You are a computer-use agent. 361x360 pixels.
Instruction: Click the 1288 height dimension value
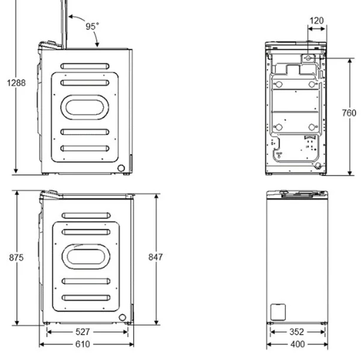pyautogui.click(x=16, y=82)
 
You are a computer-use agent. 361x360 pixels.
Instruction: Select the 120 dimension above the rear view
pyautogui.click(x=316, y=22)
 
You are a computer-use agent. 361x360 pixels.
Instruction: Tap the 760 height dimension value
pyautogui.click(x=348, y=113)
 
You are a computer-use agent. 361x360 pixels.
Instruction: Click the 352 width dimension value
pyautogui.click(x=297, y=332)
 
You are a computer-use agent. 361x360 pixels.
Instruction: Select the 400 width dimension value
pyautogui.click(x=297, y=344)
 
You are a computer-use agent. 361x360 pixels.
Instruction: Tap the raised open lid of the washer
pyautogui.click(x=65, y=22)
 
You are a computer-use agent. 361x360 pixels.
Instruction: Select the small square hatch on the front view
pyautogui.click(x=276, y=311)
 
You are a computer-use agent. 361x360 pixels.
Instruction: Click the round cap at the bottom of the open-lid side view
pyautogui.click(x=122, y=169)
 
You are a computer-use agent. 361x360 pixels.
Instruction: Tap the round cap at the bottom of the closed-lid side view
pyautogui.click(x=122, y=318)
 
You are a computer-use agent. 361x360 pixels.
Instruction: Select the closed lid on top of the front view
pyautogui.click(x=296, y=194)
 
